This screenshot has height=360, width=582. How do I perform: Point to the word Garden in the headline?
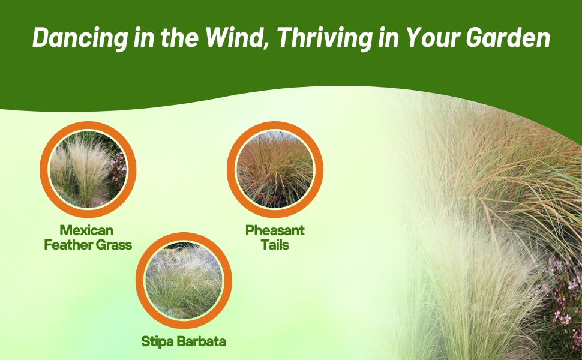508,37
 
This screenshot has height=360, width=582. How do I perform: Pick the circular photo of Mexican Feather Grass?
88,169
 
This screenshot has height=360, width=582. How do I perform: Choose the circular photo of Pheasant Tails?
275,169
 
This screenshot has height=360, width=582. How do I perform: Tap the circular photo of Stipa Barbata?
184,281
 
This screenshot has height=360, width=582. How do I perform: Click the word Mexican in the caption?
86,230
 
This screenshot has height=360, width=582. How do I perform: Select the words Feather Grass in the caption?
88,245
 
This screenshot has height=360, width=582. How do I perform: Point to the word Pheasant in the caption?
275,230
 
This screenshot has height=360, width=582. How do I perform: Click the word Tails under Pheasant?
275,245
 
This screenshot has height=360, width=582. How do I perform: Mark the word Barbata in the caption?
201,341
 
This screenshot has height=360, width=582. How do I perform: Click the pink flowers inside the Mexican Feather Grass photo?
119,169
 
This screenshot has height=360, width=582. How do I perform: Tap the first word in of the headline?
144,37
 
